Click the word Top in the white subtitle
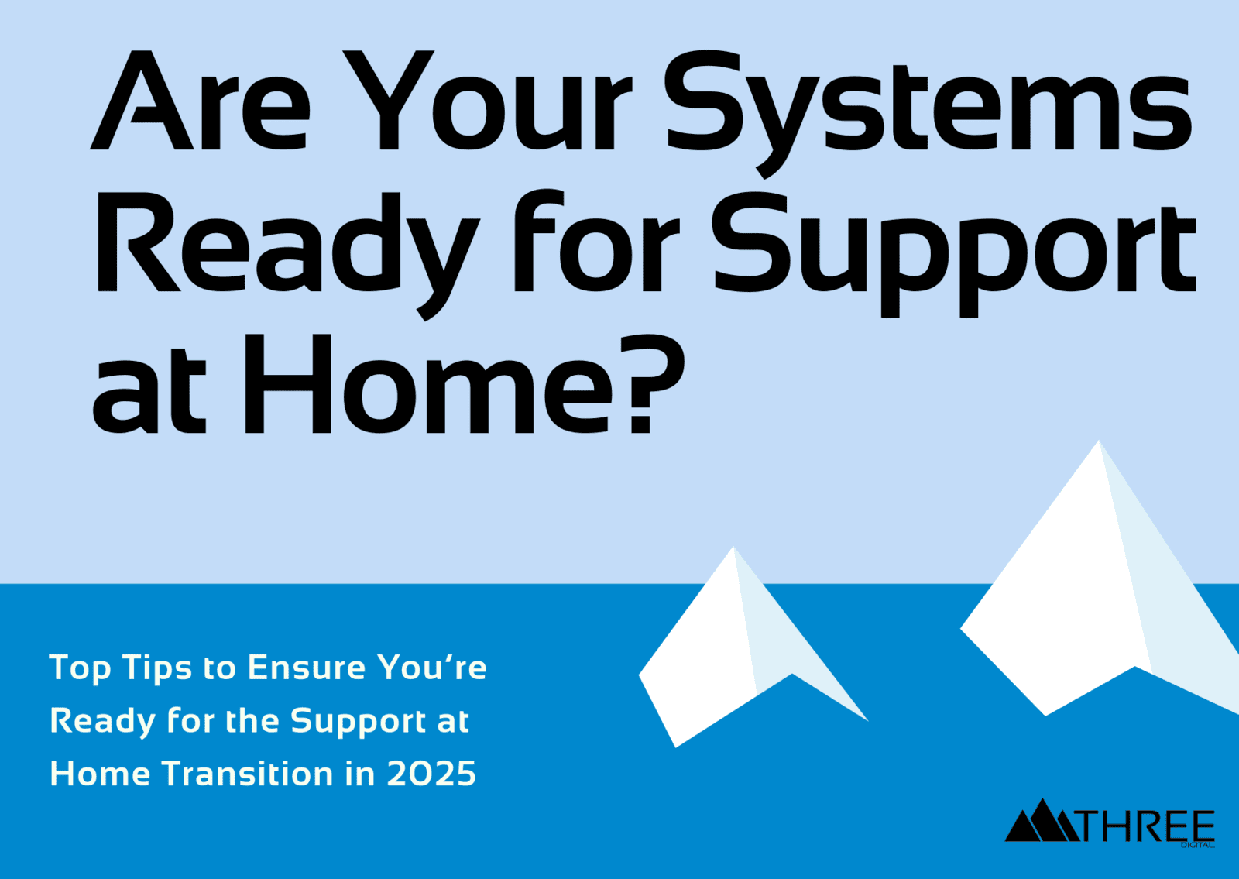click(x=81, y=668)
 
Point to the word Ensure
click(x=306, y=668)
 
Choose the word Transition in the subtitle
click(x=247, y=774)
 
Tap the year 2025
click(x=431, y=774)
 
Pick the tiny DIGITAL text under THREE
click(x=1197, y=845)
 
